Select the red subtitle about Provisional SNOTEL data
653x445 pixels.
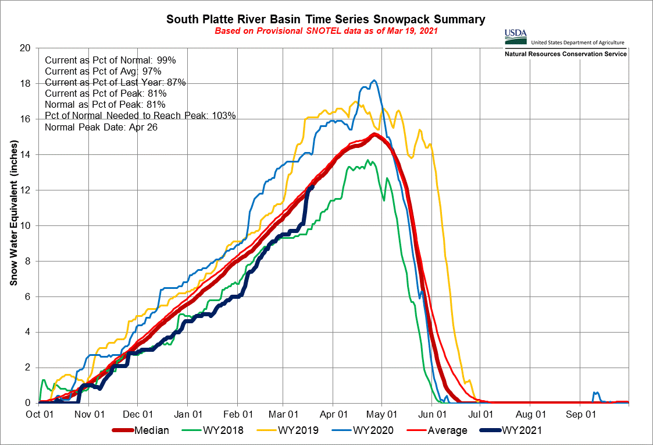pyautogui.click(x=326, y=30)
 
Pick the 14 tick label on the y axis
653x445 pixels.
pyautogui.click(x=25, y=154)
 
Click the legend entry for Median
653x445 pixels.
pyautogui.click(x=141, y=430)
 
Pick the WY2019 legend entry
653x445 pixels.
pyautogui.click(x=297, y=430)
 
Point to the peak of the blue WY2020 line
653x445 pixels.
pyautogui.click(x=374, y=80)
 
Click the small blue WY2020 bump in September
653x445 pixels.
pyautogui.click(x=594, y=393)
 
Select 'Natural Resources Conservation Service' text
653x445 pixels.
pyautogui.click(x=565, y=54)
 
